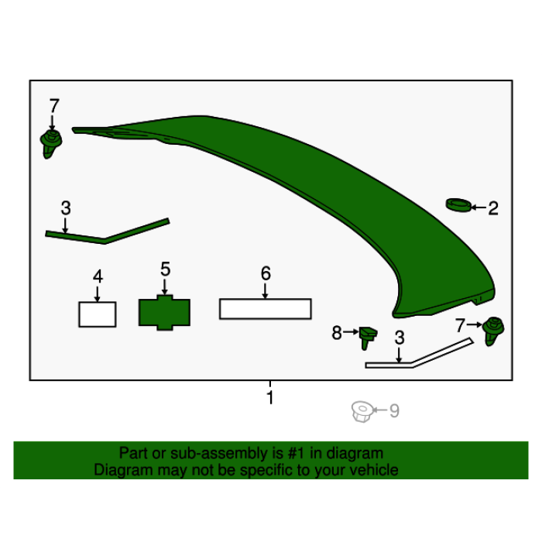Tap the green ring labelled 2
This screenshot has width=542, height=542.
click(458, 205)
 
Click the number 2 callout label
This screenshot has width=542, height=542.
click(493, 208)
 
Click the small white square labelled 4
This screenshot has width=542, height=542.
click(98, 314)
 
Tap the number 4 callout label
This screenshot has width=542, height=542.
click(98, 276)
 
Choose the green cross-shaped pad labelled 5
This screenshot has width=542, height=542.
click(164, 313)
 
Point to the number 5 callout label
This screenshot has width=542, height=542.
click(165, 269)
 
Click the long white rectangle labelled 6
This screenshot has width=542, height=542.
click(266, 309)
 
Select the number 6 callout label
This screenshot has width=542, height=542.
click(266, 273)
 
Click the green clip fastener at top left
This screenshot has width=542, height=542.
click(51, 144)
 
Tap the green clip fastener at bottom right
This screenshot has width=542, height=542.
click(493, 331)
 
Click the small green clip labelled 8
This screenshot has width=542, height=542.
click(368, 338)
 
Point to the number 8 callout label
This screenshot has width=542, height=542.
click(337, 333)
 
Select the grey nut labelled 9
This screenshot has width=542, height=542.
click(362, 411)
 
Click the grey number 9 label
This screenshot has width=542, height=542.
click(394, 411)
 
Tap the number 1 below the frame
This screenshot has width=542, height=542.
click(270, 397)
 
